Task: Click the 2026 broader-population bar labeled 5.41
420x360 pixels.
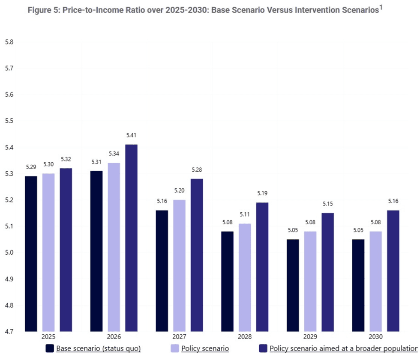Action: pyautogui.click(x=131, y=238)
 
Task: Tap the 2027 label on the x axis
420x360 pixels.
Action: pyautogui.click(x=179, y=337)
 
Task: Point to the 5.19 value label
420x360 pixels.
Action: pyautogui.click(x=262, y=193)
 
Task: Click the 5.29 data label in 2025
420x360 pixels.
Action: pyautogui.click(x=31, y=167)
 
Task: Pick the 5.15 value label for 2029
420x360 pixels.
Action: pyautogui.click(x=328, y=204)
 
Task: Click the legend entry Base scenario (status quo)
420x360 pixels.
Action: pyautogui.click(x=98, y=348)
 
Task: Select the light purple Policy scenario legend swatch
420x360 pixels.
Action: pyautogui.click(x=174, y=348)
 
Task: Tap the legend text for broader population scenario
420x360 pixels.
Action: pyautogui.click(x=343, y=348)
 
